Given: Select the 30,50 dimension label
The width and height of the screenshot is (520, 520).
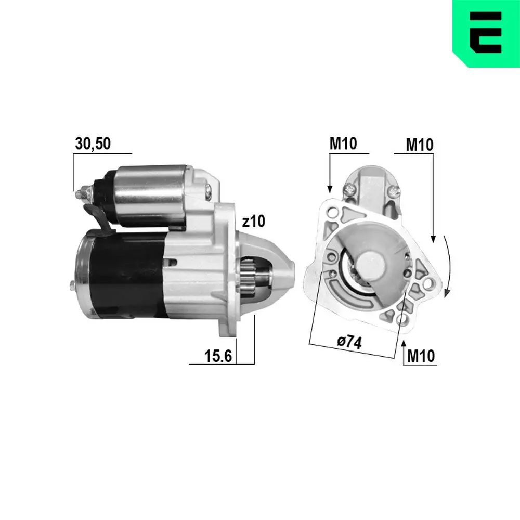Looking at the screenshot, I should (93, 144).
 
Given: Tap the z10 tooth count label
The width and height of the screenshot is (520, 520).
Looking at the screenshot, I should (253, 222).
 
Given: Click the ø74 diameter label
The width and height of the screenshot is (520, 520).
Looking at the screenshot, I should (349, 342).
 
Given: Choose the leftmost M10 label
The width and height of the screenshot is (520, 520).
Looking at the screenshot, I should (343, 144).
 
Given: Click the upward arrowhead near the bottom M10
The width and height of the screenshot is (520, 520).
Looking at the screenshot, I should (405, 344).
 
